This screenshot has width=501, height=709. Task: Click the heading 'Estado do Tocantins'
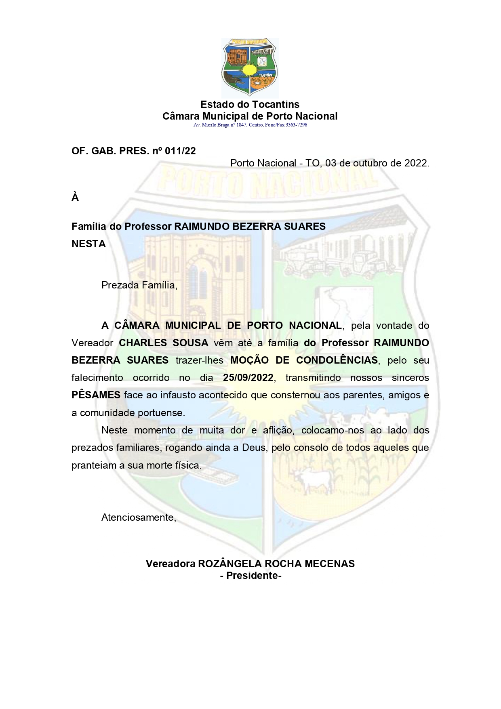(x=250, y=105)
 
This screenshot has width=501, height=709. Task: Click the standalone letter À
(x=75, y=198)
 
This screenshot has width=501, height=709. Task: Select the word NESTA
(x=88, y=244)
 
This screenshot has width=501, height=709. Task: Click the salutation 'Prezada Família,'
(x=139, y=285)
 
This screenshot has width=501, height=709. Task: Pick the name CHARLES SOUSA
(x=164, y=343)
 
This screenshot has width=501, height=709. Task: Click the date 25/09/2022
(x=248, y=378)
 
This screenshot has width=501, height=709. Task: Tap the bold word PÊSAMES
(x=96, y=395)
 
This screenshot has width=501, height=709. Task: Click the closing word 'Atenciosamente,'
(x=139, y=518)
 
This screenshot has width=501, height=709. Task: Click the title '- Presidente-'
(x=250, y=576)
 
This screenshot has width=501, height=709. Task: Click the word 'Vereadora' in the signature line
(x=170, y=564)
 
